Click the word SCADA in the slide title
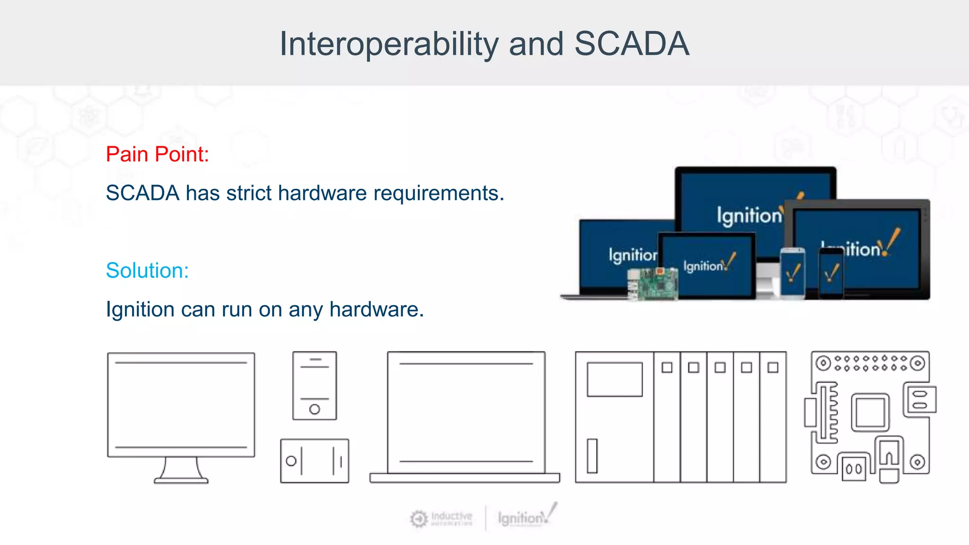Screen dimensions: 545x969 [632, 44]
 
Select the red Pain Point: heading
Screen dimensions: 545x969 [157, 154]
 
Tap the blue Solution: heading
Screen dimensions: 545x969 [147, 271]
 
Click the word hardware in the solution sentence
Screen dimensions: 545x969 [376, 309]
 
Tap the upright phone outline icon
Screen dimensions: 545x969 [315, 385]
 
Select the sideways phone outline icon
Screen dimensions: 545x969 [315, 461]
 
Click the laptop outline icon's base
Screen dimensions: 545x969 [465, 478]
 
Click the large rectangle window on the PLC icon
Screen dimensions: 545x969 [615, 379]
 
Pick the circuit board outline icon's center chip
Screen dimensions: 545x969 [870, 412]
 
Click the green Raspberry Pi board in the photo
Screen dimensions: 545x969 [653, 284]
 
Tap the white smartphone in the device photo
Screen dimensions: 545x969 [793, 273]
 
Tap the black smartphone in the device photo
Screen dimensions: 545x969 [831, 273]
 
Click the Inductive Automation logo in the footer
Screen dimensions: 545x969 [441, 519]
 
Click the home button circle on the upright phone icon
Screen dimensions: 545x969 [315, 409]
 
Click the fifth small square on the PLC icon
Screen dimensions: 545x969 [773, 368]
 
